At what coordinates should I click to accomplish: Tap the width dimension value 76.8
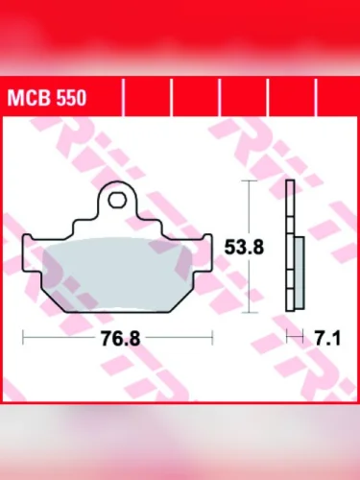coord(116,340)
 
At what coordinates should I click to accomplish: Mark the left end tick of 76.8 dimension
coord(23,338)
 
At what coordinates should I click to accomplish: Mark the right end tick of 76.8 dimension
coord(210,338)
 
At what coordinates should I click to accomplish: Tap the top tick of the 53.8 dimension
coord(251,180)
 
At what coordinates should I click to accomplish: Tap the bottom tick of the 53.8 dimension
coord(251,312)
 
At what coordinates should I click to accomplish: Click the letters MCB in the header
coord(26,98)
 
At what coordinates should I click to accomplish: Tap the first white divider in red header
coord(125,98)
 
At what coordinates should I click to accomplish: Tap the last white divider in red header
coord(317,98)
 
